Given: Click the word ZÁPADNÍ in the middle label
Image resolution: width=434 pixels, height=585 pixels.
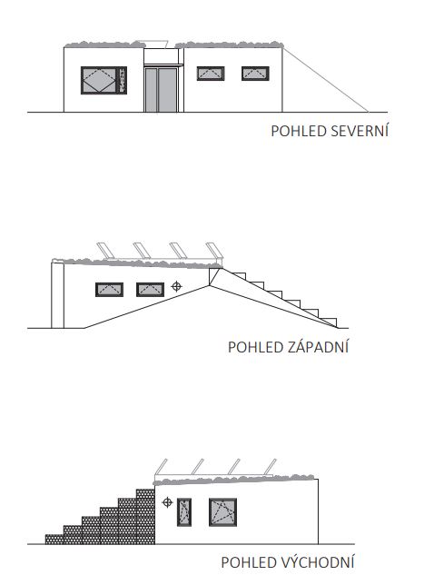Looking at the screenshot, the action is point(318,346).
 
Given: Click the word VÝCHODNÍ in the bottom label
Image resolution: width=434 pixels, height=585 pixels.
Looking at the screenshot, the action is point(317,561).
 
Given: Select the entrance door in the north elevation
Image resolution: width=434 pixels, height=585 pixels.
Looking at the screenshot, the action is point(161,90).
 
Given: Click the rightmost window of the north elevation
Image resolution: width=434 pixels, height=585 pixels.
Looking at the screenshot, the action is point(255,74).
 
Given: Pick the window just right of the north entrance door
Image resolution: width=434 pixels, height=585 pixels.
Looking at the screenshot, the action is point(211,74).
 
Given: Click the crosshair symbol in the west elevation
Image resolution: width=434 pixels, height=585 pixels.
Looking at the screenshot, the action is point(177,286).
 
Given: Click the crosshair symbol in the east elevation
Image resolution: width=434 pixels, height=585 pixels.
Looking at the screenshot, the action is point(167,502).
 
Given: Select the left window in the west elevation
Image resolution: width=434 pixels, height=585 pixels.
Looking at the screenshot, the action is point(109,290).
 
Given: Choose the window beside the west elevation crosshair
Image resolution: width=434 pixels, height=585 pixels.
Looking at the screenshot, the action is point(150,290).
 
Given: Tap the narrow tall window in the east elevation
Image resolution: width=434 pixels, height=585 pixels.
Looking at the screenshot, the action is point(184,512).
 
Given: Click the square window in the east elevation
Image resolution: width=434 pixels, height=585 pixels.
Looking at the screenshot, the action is point(222,512).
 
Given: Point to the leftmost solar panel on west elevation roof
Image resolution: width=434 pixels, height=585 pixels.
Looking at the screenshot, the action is point(104,250).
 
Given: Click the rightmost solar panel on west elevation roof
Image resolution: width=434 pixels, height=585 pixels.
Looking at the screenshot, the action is point(214,250).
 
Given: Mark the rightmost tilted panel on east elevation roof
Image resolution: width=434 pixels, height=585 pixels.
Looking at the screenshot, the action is point(271,467).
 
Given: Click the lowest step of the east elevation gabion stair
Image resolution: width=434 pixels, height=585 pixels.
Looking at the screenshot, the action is point(54,540).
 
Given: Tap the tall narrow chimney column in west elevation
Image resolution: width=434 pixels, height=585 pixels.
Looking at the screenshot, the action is point(57,294).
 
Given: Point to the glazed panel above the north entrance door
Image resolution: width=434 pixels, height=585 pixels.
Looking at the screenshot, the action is point(161,56).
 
